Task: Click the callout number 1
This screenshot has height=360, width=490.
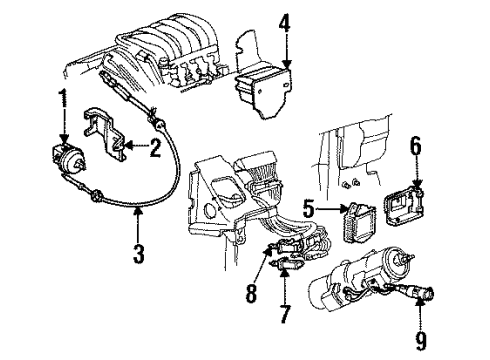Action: tap(64, 100)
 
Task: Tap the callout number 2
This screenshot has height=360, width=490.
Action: tap(156, 150)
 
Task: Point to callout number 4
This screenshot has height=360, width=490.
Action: tap(285, 20)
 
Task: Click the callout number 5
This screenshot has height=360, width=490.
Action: tap(311, 210)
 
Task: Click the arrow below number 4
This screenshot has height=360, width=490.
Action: tap(285, 62)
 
